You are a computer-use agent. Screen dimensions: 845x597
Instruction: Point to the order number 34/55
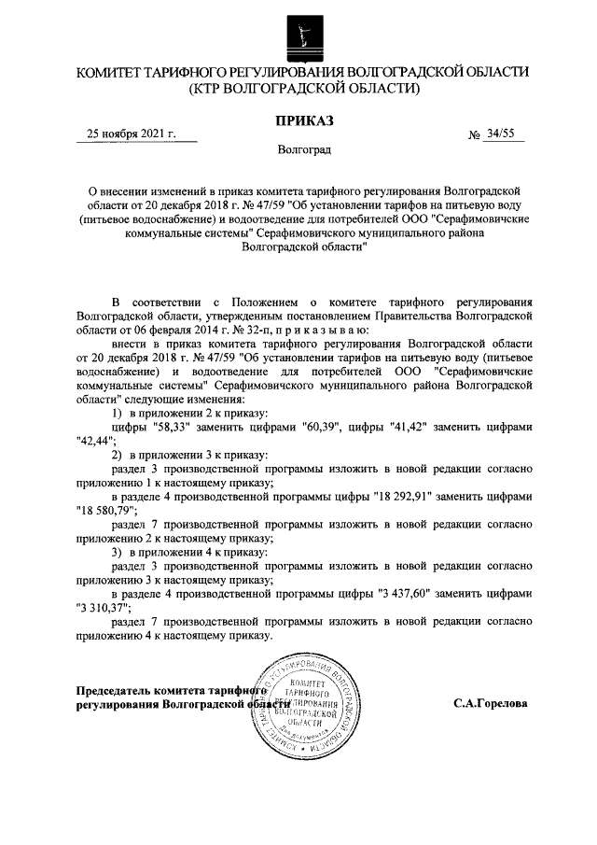(500, 134)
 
